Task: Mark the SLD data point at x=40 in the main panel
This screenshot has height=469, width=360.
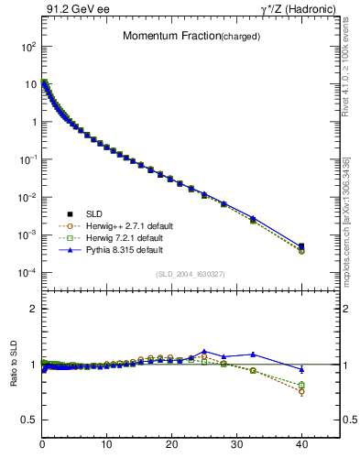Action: coord(301,246)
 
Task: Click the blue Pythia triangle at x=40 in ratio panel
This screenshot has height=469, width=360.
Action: coord(301,369)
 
